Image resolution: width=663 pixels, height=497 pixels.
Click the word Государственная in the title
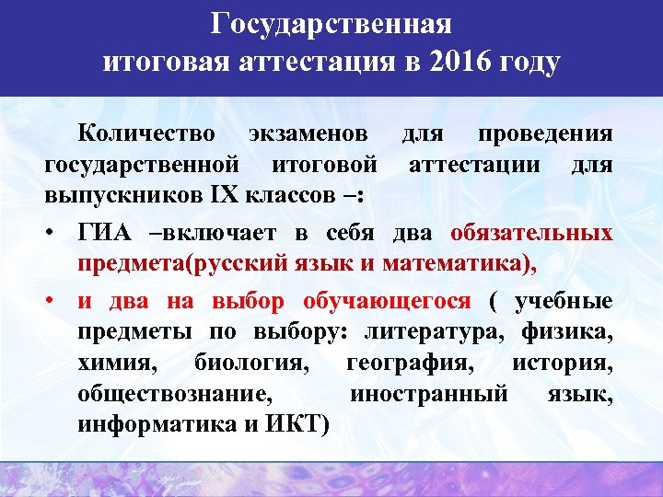331,22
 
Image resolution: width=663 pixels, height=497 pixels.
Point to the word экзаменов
305,133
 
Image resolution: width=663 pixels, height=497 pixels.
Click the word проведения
545,133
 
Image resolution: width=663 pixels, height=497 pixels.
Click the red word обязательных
532,231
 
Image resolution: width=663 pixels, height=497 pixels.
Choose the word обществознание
175,395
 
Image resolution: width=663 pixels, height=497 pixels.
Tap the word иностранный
428,395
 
